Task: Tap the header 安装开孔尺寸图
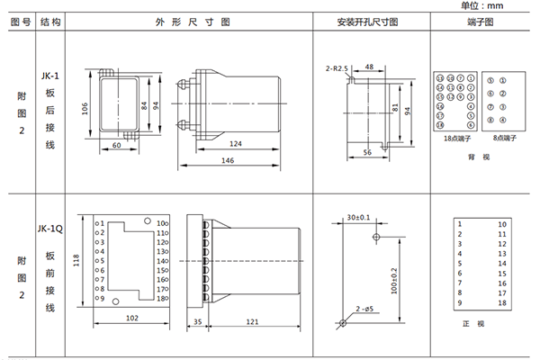tap(366, 21)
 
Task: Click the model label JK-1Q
tap(50, 229)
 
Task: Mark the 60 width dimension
tap(117, 144)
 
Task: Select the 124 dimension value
tap(235, 144)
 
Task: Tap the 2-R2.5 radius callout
tap(336, 67)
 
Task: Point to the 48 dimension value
tap(369, 67)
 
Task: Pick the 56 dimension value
tap(367, 153)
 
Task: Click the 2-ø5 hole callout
tap(364, 310)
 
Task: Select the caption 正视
tap(480, 322)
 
